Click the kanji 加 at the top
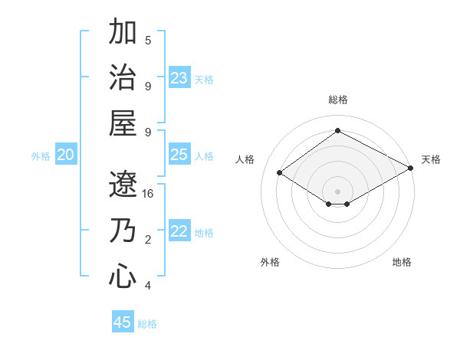tap(123, 33)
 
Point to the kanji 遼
tap(123, 184)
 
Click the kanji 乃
tap(123, 231)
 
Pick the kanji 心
tap(123, 276)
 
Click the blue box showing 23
tap(179, 77)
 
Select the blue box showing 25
tap(179, 155)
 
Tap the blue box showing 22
tap(179, 231)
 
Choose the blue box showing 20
tap(66, 155)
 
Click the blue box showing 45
tap(123, 322)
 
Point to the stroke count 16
tap(148, 194)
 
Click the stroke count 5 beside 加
tap(148, 40)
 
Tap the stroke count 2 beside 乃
tap(148, 240)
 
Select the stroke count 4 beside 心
tap(148, 286)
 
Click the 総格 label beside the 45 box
tap(147, 324)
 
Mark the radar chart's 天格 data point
tap(412, 169)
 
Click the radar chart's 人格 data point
tap(280, 172)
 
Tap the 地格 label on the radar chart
tap(402, 262)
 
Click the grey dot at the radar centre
tap(337, 190)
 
